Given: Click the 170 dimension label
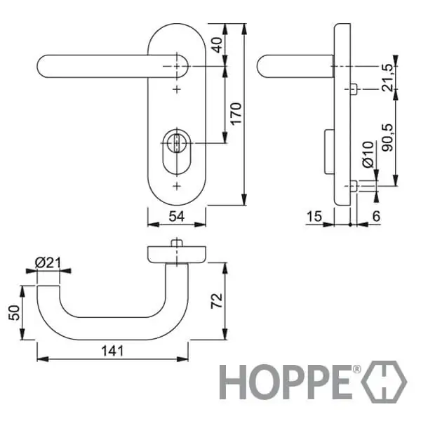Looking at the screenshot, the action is (x=236, y=114).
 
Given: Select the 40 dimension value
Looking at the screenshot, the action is (x=217, y=45).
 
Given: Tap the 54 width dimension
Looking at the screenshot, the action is (x=177, y=216).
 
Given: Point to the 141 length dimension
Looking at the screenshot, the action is (x=112, y=351).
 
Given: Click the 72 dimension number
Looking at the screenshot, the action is (x=217, y=300).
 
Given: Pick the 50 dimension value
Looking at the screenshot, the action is (x=14, y=313).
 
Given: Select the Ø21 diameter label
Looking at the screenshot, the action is (x=48, y=263).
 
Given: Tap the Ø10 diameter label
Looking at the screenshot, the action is (x=368, y=154).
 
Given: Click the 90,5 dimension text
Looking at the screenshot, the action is (x=388, y=138).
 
